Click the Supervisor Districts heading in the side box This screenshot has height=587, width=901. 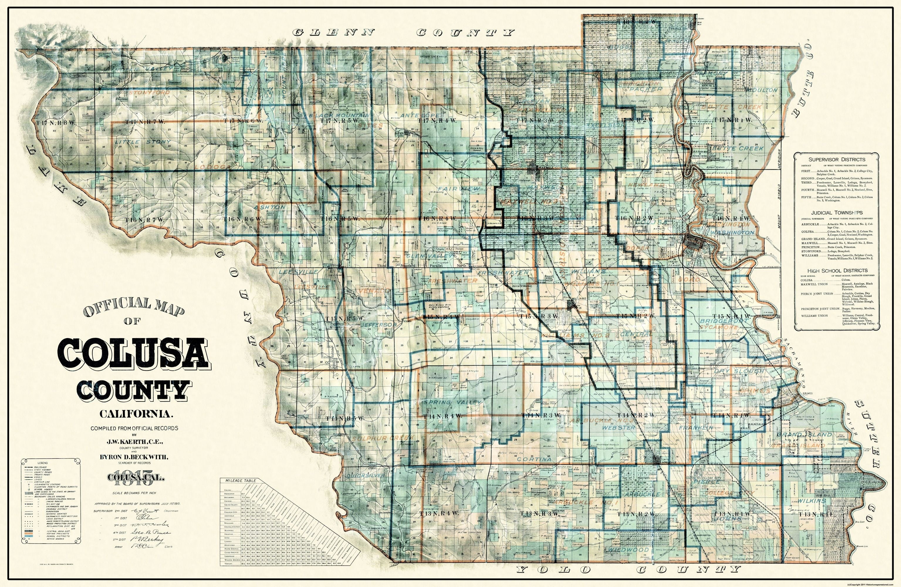point(837,159)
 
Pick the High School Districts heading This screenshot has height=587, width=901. point(837,270)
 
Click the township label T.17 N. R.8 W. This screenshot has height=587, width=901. point(51,123)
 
